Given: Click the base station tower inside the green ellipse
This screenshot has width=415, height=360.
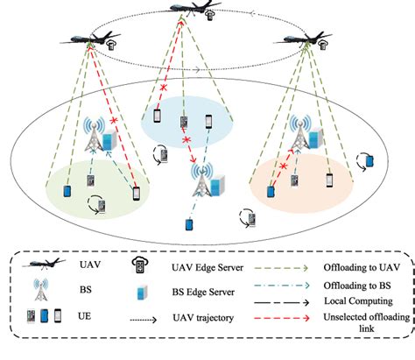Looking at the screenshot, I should (x=95, y=134).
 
